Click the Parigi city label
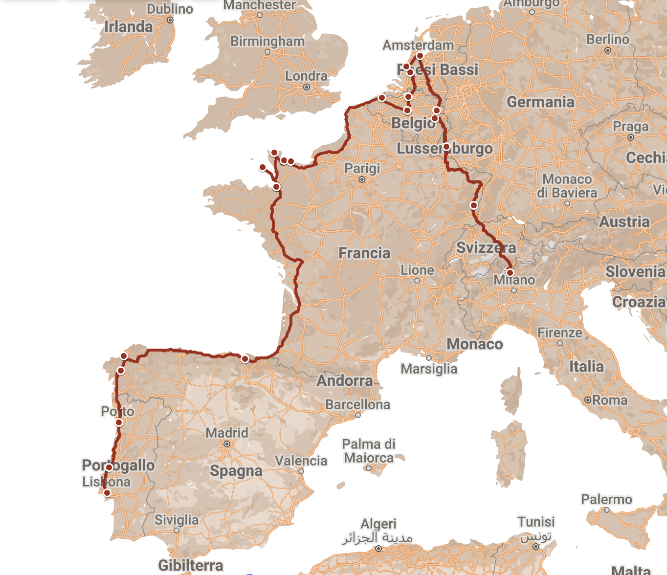(x=362, y=168)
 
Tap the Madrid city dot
(x=227, y=444)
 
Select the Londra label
(x=306, y=76)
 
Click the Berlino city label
(x=607, y=39)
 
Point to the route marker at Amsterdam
(x=420, y=56)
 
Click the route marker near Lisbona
(x=107, y=493)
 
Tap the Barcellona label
(x=357, y=404)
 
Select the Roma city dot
(x=588, y=400)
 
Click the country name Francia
(x=364, y=253)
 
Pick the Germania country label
(x=540, y=102)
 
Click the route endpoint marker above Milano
(x=510, y=273)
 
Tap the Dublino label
(x=170, y=9)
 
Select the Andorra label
(x=344, y=380)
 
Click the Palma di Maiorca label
(x=368, y=451)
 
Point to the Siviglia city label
(x=177, y=520)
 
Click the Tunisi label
(x=536, y=522)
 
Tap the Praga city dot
(x=630, y=137)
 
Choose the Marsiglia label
(x=429, y=369)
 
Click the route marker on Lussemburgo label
(x=446, y=147)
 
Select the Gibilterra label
(x=190, y=565)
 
